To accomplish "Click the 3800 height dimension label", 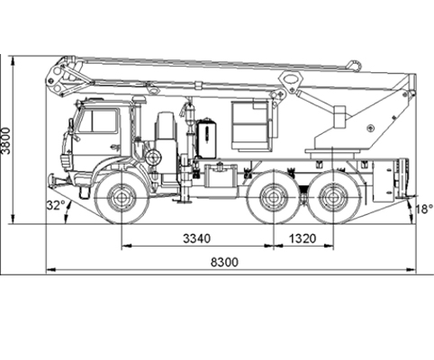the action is coord(5,140).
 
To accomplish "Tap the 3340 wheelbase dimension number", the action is coord(197,238).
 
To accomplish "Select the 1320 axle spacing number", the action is coord(303,238).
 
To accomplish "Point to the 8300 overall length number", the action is coord(224,262).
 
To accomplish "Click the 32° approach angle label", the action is coord(56,205).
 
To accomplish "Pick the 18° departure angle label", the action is coord(424,209).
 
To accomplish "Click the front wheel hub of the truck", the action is coord(122,197).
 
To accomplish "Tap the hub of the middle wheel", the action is coord(274,197).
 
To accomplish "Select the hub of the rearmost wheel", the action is coord(333,197).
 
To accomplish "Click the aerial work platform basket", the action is coord(250,126).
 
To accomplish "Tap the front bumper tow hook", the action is coord(53,181).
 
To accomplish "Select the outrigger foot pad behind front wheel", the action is coord(184,202).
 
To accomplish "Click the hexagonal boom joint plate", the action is coord(291,79).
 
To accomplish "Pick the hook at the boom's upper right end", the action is coord(355,66).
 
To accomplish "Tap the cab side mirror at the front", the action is coord(71,126).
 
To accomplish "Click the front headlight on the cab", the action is coord(65,162).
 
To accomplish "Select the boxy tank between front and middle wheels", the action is coord(222,177).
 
